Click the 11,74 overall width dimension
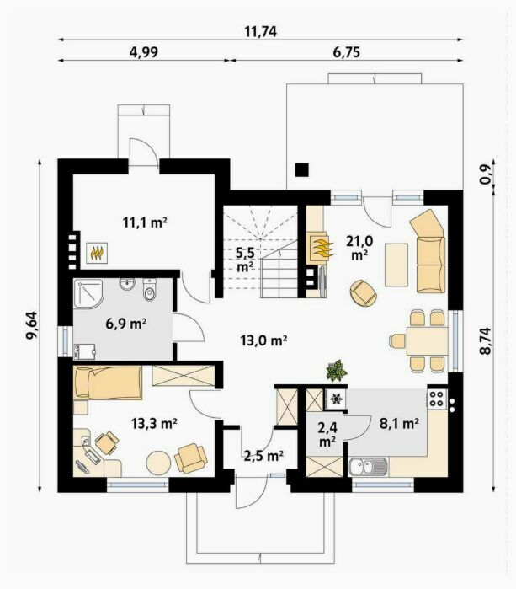click(x=260, y=31)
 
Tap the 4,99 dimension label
click(x=144, y=52)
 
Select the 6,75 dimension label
click(x=346, y=52)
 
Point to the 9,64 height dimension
click(x=31, y=325)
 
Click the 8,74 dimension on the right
click(x=485, y=340)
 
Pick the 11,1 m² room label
click(x=145, y=222)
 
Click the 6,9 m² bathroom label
click(x=125, y=323)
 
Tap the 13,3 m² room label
click(x=154, y=423)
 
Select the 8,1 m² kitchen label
click(x=399, y=424)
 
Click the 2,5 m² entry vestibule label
click(x=263, y=456)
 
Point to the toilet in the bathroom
click(x=149, y=290)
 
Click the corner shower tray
click(x=88, y=293)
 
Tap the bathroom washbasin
click(x=127, y=284)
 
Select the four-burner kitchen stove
click(x=437, y=399)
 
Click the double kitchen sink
click(x=368, y=468)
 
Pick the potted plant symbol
click(x=337, y=371)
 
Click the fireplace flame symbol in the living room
click(x=322, y=248)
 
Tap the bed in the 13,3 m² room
click(x=108, y=383)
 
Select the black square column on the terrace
click(x=301, y=170)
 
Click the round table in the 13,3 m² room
click(x=158, y=463)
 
